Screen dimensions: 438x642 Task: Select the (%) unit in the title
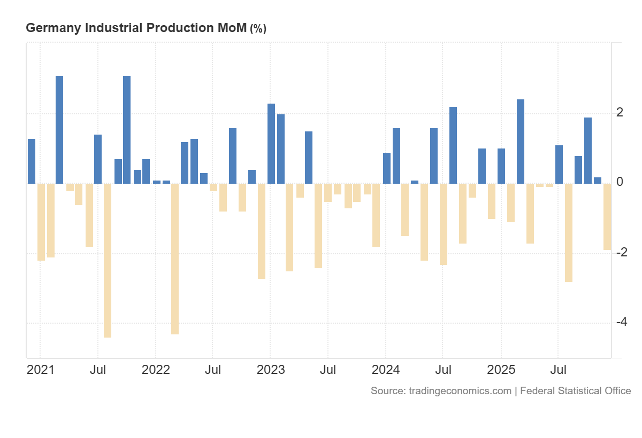coord(258,29)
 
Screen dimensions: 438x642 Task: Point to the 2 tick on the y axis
coord(620,112)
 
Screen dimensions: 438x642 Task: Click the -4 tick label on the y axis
coord(621,322)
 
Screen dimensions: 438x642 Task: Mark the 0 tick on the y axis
coord(620,182)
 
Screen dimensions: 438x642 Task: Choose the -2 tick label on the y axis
coord(621,252)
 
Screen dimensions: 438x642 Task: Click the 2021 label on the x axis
coord(41,370)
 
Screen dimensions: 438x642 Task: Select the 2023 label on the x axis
coord(270,370)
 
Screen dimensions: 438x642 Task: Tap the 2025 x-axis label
coord(501,370)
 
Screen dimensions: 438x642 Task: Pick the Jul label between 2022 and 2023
coord(213,370)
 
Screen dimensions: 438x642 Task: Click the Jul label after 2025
coord(559,370)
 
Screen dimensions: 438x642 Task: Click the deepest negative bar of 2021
coord(108,260)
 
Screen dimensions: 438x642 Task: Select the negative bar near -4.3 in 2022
coord(175,259)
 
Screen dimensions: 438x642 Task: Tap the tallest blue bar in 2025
coord(521,142)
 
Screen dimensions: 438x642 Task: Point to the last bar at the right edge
coord(607,216)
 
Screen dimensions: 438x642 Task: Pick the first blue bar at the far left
coord(32,161)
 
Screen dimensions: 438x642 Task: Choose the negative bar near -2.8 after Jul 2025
coord(569,232)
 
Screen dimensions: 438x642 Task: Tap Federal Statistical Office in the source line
coord(575,391)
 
